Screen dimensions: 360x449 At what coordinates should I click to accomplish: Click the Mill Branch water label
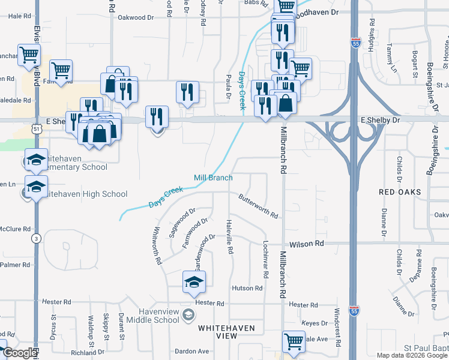tap(212, 178)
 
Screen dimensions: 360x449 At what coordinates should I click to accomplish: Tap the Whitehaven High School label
tap(86, 194)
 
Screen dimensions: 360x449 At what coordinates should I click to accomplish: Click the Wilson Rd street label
tap(306, 244)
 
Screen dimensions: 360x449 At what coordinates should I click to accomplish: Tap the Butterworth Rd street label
tap(258, 206)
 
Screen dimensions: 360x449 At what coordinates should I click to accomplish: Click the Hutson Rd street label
tap(247, 289)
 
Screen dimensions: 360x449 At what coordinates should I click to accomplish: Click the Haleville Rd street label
tap(229, 236)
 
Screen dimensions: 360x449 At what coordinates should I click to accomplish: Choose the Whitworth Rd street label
tap(157, 245)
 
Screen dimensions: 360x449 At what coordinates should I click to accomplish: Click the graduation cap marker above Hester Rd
tap(194, 282)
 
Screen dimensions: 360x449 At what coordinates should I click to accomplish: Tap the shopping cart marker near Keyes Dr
tap(294, 341)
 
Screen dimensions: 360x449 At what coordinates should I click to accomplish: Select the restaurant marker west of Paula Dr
tap(187, 92)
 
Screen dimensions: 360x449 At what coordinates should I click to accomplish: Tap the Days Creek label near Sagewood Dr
tap(165, 197)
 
